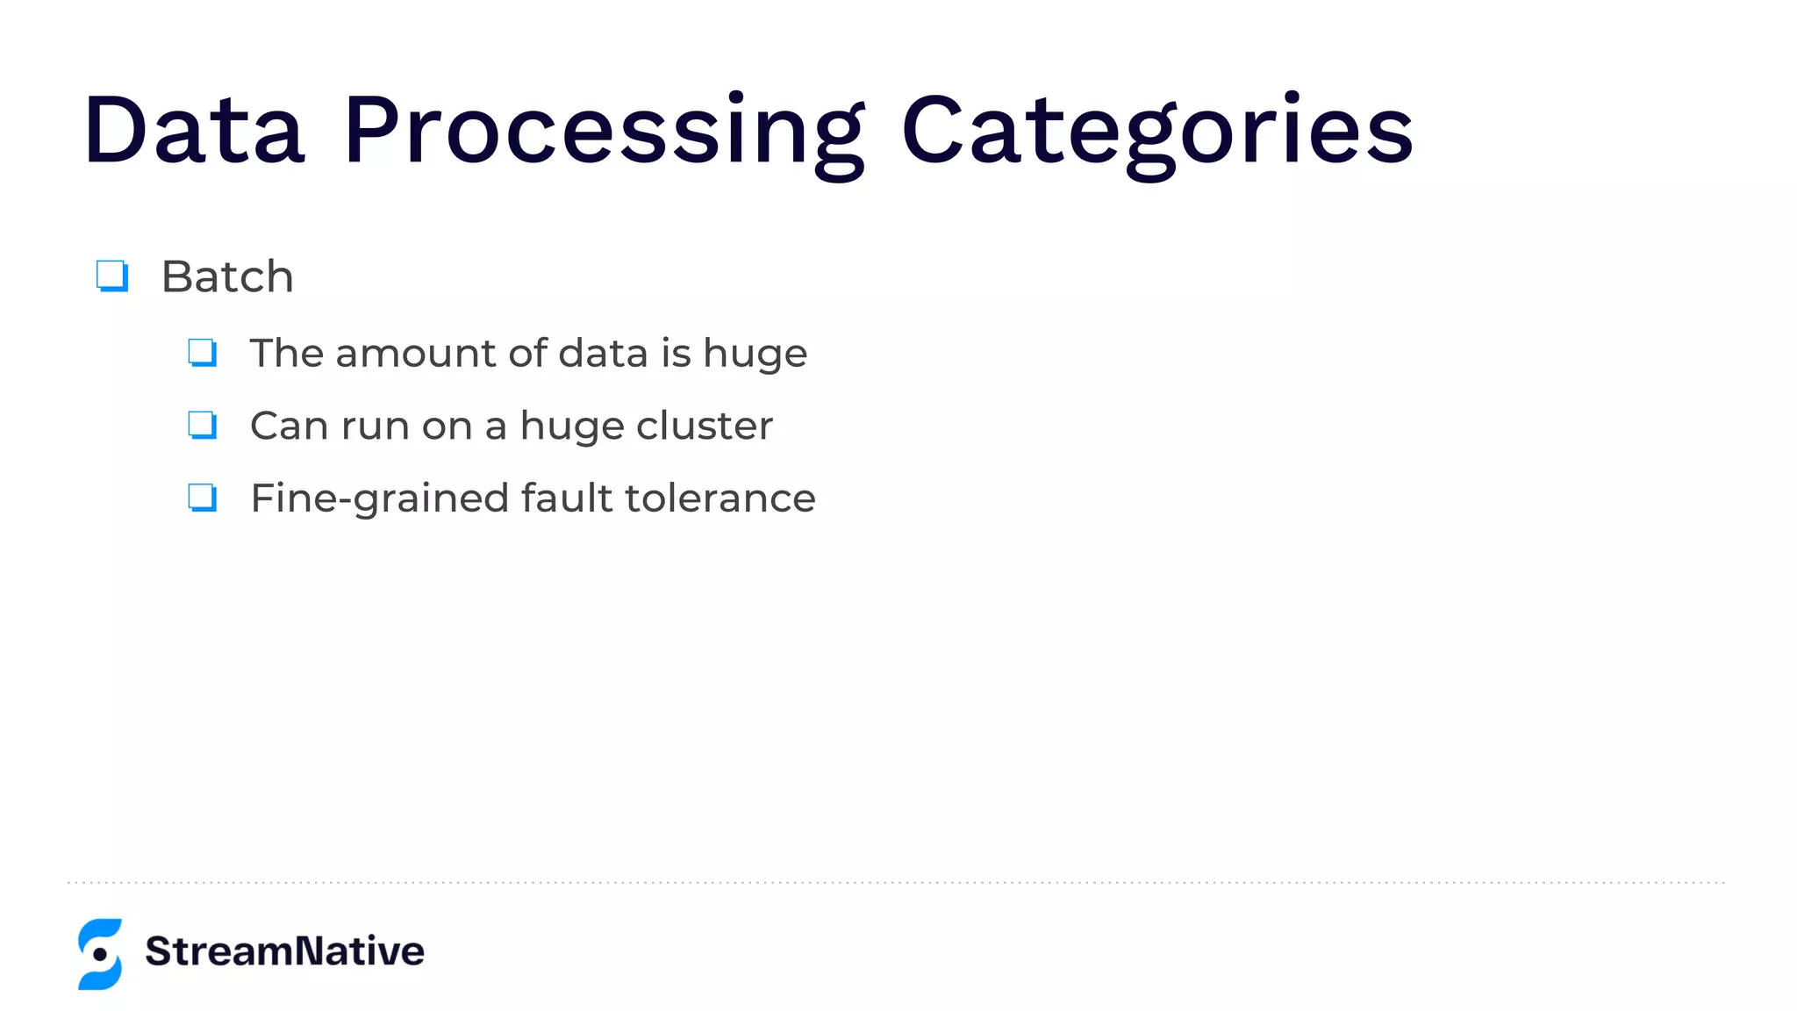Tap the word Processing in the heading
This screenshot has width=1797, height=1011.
(x=605, y=132)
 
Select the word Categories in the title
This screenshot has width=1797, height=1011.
(x=1156, y=132)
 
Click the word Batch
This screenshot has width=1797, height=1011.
(x=227, y=277)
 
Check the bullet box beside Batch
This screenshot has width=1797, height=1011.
(x=112, y=276)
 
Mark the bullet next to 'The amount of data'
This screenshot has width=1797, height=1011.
(x=203, y=353)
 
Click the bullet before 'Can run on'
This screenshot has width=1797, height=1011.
(x=203, y=426)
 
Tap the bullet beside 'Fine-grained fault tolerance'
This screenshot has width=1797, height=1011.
(x=203, y=498)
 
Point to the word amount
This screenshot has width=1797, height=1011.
(x=416, y=354)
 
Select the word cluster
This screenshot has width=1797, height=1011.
(x=705, y=426)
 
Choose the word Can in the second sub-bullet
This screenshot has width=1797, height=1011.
(x=289, y=427)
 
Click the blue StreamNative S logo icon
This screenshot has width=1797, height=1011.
(x=100, y=954)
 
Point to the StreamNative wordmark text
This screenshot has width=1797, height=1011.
(x=284, y=951)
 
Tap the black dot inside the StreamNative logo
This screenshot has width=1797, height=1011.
(x=100, y=954)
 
